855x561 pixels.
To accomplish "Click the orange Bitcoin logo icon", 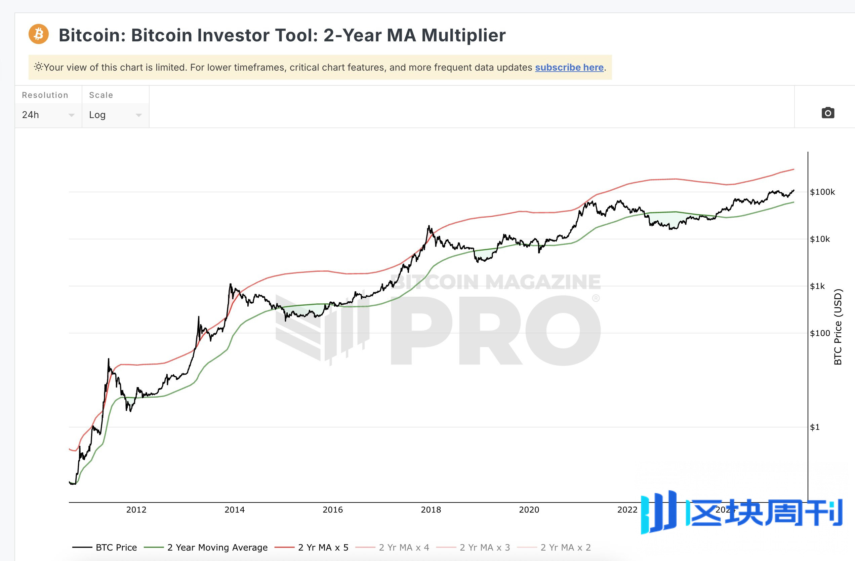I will coord(38,34).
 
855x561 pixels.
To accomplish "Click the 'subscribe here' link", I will coord(569,67).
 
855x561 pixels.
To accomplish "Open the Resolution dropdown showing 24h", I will coord(48,115).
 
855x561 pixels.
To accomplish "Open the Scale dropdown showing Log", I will coord(115,115).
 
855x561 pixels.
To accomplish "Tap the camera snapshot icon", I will coord(828,113).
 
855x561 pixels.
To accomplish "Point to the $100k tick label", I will coord(822,192).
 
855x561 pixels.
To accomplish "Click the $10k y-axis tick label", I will coord(820,239).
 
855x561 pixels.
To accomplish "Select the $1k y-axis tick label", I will coord(817,286).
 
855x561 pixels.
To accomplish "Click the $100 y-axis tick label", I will coord(820,333).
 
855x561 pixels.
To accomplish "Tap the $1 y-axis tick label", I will coord(815,427).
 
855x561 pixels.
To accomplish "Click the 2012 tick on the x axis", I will coord(136,510).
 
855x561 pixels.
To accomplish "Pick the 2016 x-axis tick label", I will coord(333,510).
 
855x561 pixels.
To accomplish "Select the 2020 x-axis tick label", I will coord(529,510).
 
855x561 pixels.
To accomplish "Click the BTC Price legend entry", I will coord(116,547).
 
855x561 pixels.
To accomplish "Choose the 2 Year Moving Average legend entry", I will coord(217,547).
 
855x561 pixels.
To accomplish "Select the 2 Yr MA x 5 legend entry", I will coord(323,547).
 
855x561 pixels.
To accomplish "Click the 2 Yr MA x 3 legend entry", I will coord(485,547).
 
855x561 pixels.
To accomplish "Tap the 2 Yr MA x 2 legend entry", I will coord(565,547).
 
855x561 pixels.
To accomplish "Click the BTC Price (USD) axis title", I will coord(838,327).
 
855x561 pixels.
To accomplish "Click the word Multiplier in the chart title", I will coord(463,35).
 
